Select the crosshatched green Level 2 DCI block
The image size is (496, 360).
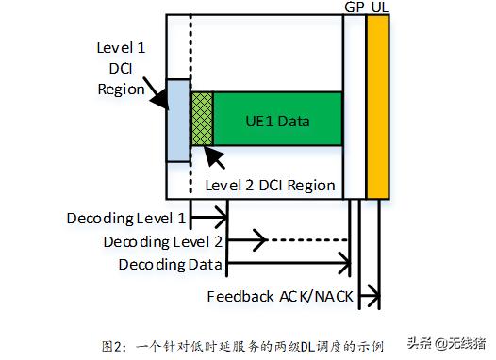click(202, 118)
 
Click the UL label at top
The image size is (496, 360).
click(378, 8)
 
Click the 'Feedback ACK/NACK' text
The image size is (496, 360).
click(280, 297)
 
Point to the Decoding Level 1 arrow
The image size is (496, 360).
click(209, 219)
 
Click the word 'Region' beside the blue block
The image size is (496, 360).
click(122, 90)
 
